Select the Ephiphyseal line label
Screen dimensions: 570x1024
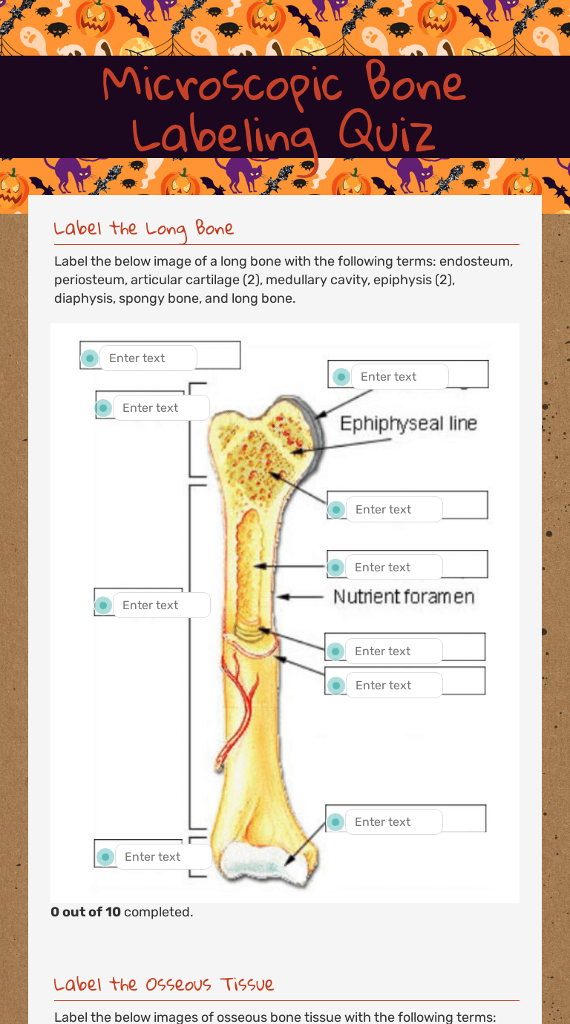pyautogui.click(x=409, y=423)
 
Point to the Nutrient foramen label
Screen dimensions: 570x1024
pyautogui.click(x=404, y=597)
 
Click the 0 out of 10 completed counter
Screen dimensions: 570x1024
pyautogui.click(x=122, y=911)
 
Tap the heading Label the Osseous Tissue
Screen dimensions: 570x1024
pyautogui.click(x=163, y=983)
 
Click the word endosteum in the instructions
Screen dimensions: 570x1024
pyautogui.click(x=476, y=261)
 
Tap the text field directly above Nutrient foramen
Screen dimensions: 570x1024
pyautogui.click(x=394, y=568)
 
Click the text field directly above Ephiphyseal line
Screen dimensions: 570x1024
pyautogui.click(x=400, y=377)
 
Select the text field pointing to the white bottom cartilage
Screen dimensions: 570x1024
pyautogui.click(x=394, y=822)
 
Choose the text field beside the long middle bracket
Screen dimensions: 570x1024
pyautogui.click(x=161, y=605)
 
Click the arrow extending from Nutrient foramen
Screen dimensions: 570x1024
pyautogui.click(x=301, y=597)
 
